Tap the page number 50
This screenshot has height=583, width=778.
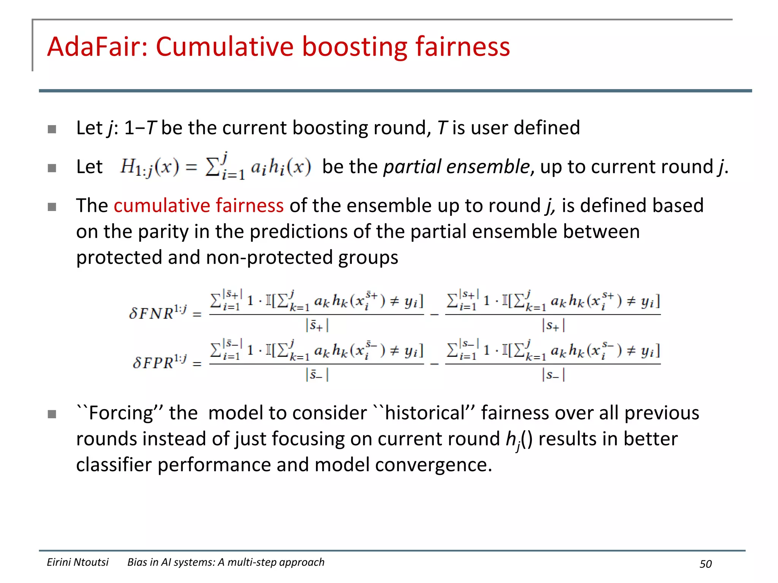point(705,564)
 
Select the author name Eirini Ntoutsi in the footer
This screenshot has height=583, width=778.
point(77,562)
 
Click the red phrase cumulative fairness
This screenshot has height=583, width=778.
point(198,206)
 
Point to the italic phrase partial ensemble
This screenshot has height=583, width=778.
point(456,167)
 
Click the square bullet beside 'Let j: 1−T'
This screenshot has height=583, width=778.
point(52,129)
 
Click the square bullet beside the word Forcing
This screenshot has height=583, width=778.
point(52,414)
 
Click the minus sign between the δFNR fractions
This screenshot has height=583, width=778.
point(435,315)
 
